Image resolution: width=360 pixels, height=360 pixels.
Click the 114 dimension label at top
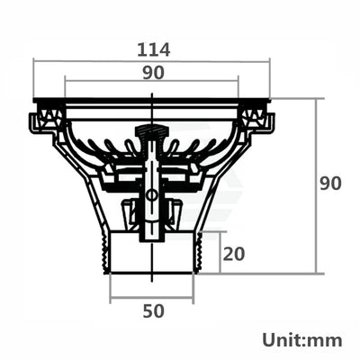click(x=151, y=49)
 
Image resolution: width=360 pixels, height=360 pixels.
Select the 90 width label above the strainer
click(x=151, y=76)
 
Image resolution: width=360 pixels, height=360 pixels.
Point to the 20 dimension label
click(x=233, y=254)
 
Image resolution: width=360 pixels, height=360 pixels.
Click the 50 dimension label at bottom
click(x=152, y=311)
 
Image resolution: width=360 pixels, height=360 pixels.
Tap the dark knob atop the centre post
click(x=151, y=134)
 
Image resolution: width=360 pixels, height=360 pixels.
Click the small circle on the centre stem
click(x=151, y=193)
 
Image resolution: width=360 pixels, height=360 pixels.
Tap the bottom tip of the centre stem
click(x=151, y=240)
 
